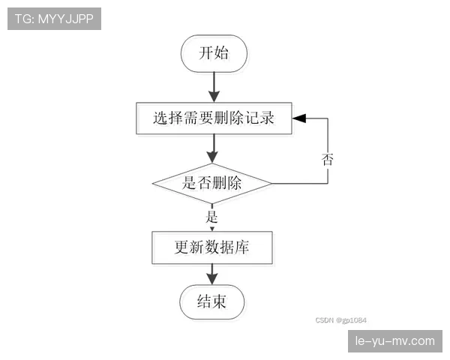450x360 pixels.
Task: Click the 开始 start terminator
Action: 213,53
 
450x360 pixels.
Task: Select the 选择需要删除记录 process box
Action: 214,118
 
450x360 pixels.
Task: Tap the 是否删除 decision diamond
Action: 212,182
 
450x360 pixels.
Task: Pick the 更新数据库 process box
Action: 211,247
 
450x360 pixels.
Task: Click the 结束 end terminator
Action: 211,302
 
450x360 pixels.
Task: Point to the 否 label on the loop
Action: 328,159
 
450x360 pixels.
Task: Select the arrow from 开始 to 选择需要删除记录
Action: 214,87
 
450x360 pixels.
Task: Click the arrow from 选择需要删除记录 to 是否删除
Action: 214,148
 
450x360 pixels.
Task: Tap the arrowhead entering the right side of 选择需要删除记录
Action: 299,118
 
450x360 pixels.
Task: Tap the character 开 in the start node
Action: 205,53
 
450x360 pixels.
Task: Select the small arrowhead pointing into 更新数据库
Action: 211,228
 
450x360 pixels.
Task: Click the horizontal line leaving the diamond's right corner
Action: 300,182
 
